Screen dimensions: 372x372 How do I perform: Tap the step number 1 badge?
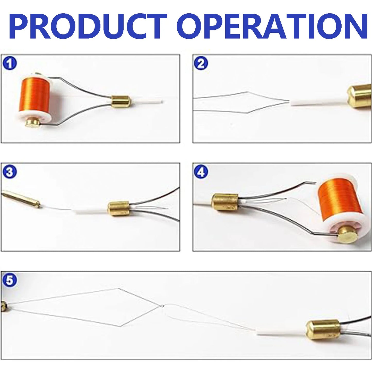click(x=10, y=63)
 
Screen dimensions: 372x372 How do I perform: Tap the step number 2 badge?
click(x=201, y=63)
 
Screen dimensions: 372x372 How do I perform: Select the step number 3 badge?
click(x=10, y=172)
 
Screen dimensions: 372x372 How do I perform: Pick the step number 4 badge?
click(x=201, y=172)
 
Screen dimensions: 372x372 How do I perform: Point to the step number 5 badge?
click(x=10, y=280)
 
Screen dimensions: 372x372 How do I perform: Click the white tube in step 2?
click(x=319, y=103)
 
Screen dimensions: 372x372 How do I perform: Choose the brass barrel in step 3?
click(x=118, y=208)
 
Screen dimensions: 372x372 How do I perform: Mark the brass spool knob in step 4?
click(x=348, y=235)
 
